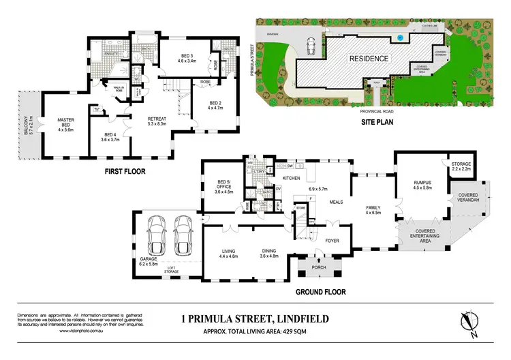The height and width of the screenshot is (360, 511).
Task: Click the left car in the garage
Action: [x=156, y=235]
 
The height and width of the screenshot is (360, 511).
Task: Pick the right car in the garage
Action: [x=182, y=235]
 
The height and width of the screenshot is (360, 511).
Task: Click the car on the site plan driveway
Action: [x=310, y=46]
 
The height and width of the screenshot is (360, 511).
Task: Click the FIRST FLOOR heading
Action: [x=123, y=172]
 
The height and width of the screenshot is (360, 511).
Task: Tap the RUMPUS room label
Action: [x=418, y=186]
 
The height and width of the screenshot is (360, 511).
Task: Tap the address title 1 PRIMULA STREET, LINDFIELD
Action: [x=255, y=318]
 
